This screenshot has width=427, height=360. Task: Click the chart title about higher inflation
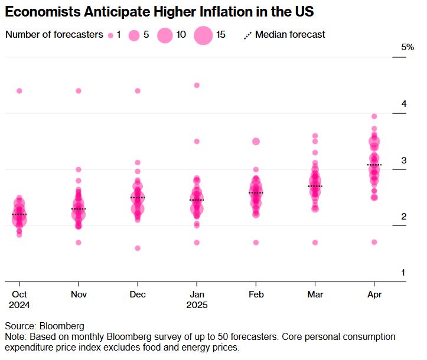(x=159, y=11)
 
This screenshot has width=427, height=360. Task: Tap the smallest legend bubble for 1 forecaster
(x=110, y=35)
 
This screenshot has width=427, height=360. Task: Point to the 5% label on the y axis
(x=408, y=47)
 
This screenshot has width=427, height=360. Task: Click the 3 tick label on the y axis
(x=404, y=161)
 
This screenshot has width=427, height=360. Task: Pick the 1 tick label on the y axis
(x=404, y=273)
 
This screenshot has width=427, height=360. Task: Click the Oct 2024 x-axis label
(x=19, y=299)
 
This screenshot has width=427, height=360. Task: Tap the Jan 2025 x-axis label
(x=197, y=299)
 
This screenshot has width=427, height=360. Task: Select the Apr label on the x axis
(x=374, y=293)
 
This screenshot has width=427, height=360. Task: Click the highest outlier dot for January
(x=197, y=86)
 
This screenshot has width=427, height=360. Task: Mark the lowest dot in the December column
(x=138, y=248)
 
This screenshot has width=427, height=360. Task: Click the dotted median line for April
(x=374, y=165)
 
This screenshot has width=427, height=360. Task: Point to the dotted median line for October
(x=19, y=214)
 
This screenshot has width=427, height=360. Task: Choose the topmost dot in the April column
(x=374, y=116)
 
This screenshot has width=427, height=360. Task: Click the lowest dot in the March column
(x=315, y=243)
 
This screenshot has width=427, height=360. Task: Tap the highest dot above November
(x=79, y=91)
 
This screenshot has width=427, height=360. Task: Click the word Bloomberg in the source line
(x=62, y=326)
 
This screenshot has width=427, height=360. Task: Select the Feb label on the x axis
(x=256, y=293)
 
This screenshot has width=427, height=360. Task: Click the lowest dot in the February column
(x=256, y=243)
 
